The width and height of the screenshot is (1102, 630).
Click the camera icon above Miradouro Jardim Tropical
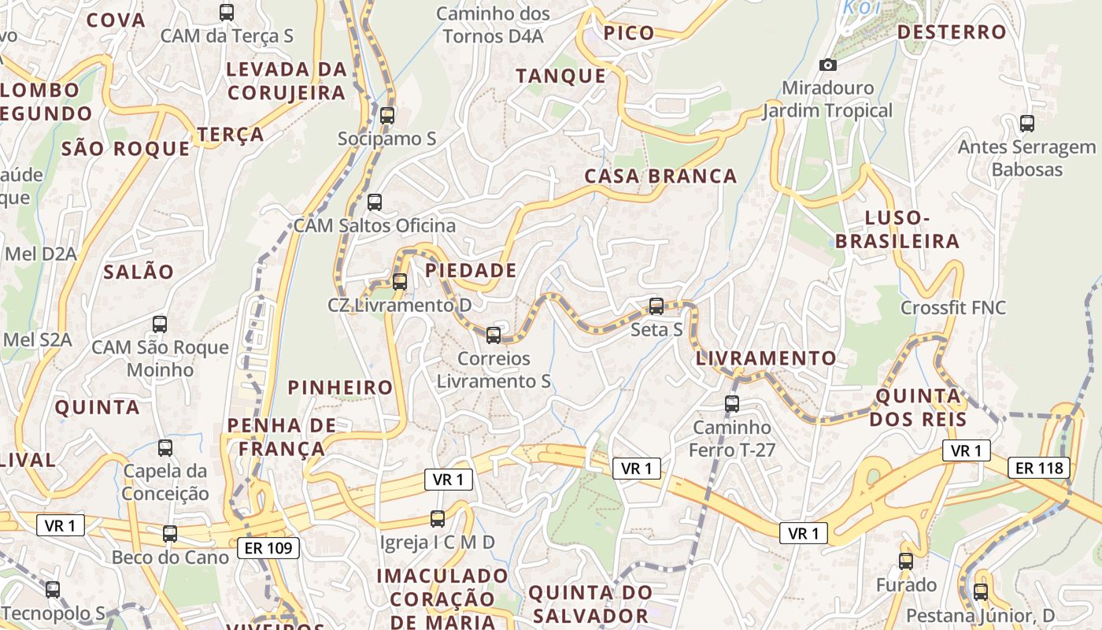[x=827, y=65]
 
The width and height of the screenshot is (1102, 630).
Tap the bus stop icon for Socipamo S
[x=386, y=116]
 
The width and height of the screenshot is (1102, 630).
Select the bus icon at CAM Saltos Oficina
[x=375, y=202]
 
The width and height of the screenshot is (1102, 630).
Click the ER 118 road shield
[x=1039, y=468]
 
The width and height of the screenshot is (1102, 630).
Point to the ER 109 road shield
[x=268, y=547]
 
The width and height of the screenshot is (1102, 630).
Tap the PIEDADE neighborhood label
[x=471, y=271]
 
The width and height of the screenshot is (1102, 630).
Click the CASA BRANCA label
[x=660, y=176]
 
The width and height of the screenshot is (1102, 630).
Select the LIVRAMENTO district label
[x=766, y=358]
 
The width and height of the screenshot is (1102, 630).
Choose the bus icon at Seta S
[x=656, y=306]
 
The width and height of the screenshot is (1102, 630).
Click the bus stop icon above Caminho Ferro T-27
[x=732, y=404]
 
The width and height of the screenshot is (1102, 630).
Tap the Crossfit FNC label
[x=953, y=308]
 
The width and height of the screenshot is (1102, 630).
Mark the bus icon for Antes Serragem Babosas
[x=1026, y=124]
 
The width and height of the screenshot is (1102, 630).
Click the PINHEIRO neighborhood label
[x=340, y=387]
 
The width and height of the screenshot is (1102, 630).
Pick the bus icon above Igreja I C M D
[x=438, y=519]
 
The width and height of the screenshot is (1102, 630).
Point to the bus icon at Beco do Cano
[x=170, y=534]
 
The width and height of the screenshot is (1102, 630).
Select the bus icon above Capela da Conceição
[x=165, y=448]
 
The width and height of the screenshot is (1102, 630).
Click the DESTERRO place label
[x=952, y=32]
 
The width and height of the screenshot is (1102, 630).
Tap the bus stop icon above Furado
[x=906, y=561]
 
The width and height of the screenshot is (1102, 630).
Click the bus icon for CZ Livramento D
[x=400, y=281]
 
